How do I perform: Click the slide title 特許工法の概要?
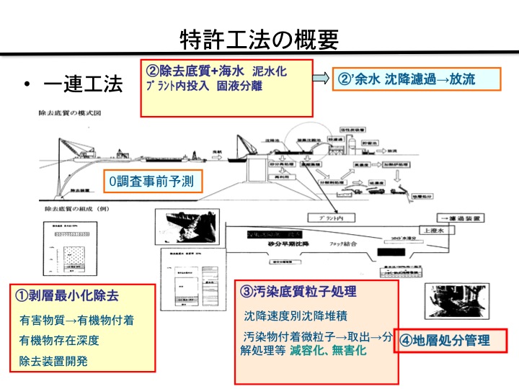[259, 40]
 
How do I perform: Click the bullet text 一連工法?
[82, 86]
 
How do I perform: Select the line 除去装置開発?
[53, 359]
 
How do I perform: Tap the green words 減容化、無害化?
[329, 351]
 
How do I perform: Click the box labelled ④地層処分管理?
[445, 341]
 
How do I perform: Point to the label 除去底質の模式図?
[68, 113]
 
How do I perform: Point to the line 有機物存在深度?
[59, 339]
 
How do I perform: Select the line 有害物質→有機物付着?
[76, 320]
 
